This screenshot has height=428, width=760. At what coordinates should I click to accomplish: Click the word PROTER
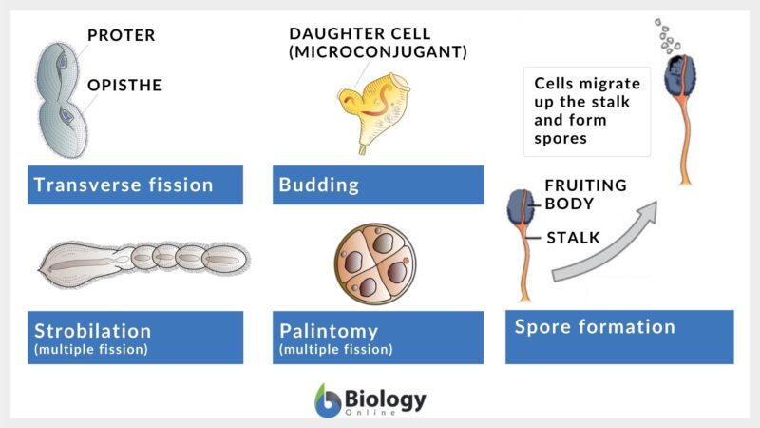click(121, 36)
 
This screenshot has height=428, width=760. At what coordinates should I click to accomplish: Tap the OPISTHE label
click(124, 86)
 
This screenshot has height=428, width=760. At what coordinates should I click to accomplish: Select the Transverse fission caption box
click(135, 185)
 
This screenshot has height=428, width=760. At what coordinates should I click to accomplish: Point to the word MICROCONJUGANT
click(378, 52)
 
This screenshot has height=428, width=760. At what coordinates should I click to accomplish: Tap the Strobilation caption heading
click(92, 331)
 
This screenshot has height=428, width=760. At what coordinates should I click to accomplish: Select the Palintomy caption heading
click(329, 331)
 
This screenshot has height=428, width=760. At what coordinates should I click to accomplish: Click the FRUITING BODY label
click(585, 194)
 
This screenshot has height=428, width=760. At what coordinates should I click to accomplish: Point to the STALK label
click(573, 238)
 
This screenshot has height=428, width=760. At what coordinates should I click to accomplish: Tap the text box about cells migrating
click(586, 111)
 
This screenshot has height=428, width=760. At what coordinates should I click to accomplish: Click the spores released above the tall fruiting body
click(668, 38)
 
